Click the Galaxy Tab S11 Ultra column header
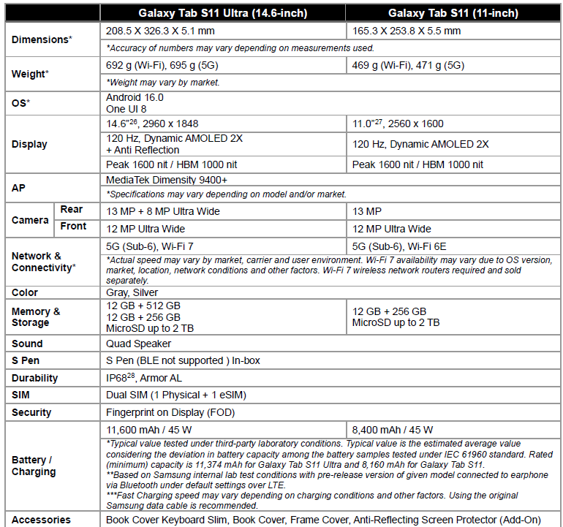pyautogui.click(x=223, y=13)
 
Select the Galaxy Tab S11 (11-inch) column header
pyautogui.click(x=453, y=13)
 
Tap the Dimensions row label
pyautogui.click(x=42, y=39)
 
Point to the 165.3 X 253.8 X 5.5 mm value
pyautogui.click(x=407, y=31)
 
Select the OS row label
pyautogui.click(x=20, y=103)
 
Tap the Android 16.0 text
pyautogui.click(x=135, y=97)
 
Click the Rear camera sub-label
pyautogui.click(x=72, y=209)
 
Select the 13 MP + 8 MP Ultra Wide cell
pyautogui.click(x=163, y=212)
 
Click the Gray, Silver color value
pyautogui.click(x=132, y=292)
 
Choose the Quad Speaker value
pyautogui.click(x=139, y=344)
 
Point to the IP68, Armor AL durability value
pyautogui.click(x=144, y=378)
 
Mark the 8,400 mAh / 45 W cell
pyautogui.click(x=393, y=430)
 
